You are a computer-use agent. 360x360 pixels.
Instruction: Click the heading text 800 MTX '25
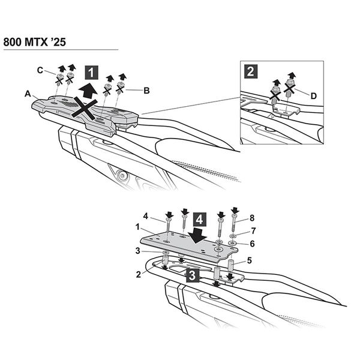coord(35,42)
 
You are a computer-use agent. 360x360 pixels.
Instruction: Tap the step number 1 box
coord(91,73)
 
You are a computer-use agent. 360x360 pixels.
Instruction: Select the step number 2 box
coord(251,71)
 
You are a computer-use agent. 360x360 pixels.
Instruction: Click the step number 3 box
coord(193,275)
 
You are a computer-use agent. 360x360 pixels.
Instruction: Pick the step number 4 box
coord(200,219)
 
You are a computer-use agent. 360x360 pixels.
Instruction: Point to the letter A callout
coord(28,94)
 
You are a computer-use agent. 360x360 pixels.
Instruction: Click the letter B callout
coord(146,91)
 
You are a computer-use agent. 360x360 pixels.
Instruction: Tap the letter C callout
coord(40,70)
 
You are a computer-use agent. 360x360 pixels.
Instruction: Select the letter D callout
coord(314,96)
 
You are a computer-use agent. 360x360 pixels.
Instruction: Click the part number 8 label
coord(252,218)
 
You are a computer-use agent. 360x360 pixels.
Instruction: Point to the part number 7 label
coord(253,231)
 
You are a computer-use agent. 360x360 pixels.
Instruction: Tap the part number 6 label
coord(253,244)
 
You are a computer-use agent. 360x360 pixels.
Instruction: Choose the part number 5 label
coord(250,260)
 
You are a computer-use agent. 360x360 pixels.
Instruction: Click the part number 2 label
coord(139,274)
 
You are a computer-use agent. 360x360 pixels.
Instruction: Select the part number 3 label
coord(137,251)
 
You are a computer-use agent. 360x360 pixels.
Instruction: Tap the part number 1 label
coord(137,227)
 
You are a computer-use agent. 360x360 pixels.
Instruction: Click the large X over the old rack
coord(84,108)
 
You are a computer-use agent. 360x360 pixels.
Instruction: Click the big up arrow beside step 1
coord(88,91)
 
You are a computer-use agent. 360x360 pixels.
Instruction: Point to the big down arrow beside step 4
coord(197,236)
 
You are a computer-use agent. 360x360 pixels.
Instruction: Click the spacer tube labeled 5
coord(232,265)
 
